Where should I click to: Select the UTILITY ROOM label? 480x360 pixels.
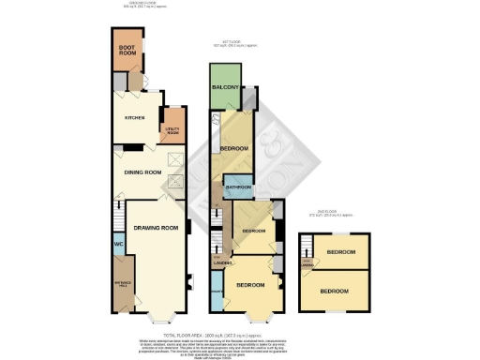pyautogui.click(x=172, y=130)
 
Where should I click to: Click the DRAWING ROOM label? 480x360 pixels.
pyautogui.click(x=155, y=228)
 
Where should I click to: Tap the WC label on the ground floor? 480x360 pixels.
pyautogui.click(x=118, y=246)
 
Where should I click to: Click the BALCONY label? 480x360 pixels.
pyautogui.click(x=224, y=87)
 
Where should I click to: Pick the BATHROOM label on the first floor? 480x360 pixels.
pyautogui.click(x=238, y=188)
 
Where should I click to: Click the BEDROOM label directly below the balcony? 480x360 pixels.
pyautogui.click(x=233, y=149)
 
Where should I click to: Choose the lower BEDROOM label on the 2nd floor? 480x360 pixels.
pyautogui.click(x=339, y=292)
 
